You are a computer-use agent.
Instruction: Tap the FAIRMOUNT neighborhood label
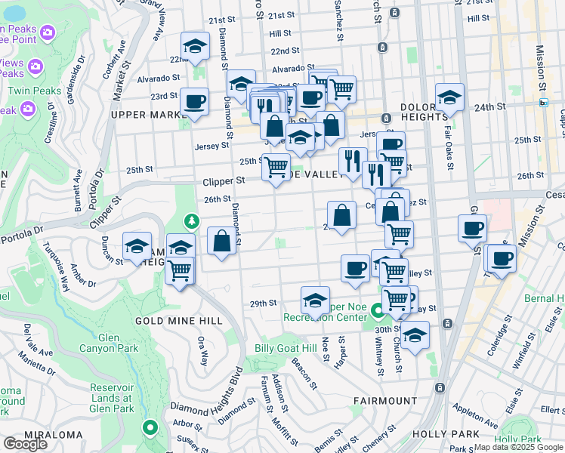(x=385, y=400)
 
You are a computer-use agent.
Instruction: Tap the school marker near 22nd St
(x=196, y=47)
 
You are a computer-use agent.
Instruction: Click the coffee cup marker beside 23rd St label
(x=194, y=101)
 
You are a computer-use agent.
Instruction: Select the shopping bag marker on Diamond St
(x=221, y=242)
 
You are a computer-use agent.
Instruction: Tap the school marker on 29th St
(x=315, y=300)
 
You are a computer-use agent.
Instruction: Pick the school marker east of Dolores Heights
(x=449, y=97)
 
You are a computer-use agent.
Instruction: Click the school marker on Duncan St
(x=137, y=247)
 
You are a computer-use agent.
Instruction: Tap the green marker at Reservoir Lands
(x=150, y=427)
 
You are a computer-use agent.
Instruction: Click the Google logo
(x=25, y=445)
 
